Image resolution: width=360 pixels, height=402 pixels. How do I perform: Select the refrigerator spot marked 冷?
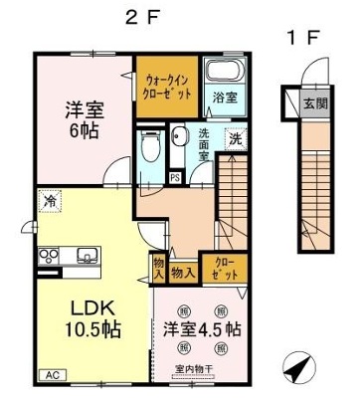coord(49,203)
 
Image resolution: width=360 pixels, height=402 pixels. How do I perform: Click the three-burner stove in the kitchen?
coord(49,256)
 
